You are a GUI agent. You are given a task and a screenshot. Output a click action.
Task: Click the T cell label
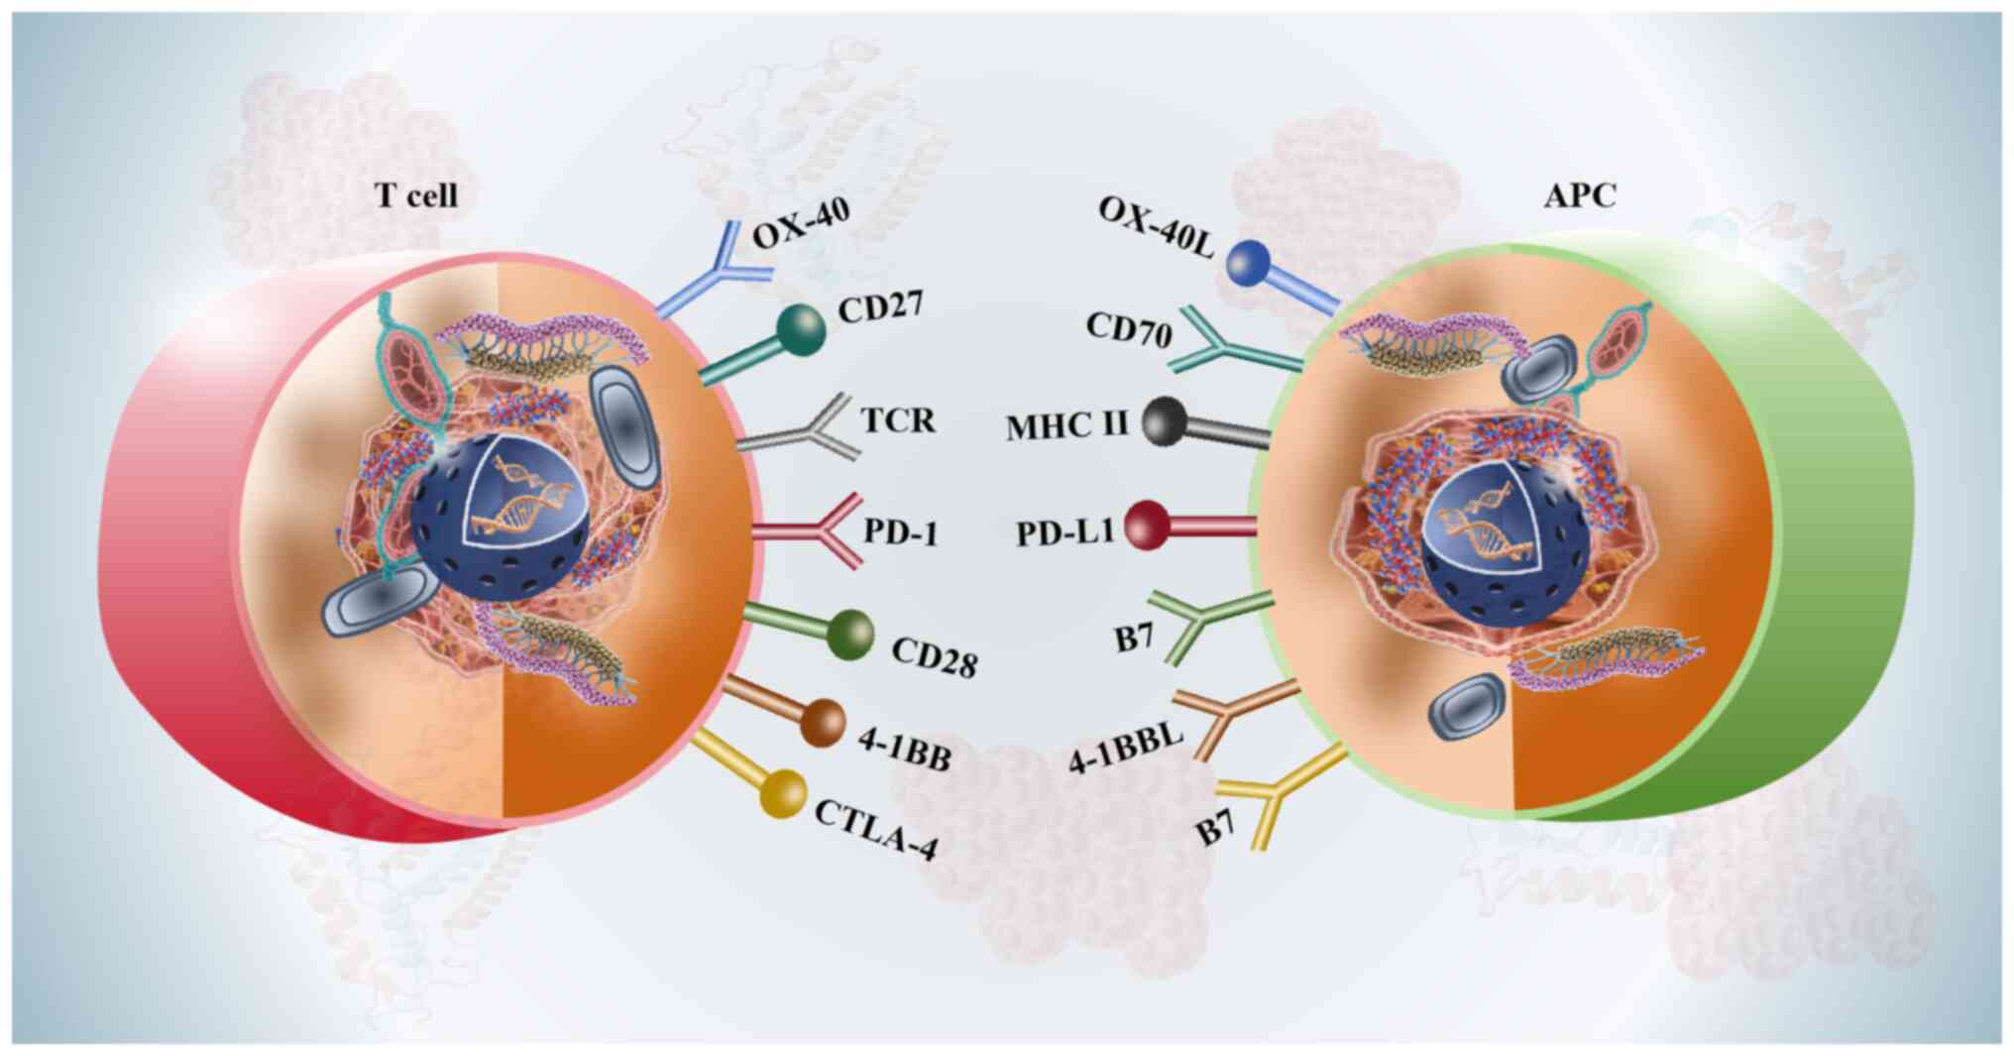pyautogui.click(x=416, y=195)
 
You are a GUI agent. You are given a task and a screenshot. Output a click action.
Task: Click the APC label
pyautogui.click(x=1580, y=195)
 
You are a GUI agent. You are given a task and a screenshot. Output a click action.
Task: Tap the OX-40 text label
pyautogui.click(x=801, y=220)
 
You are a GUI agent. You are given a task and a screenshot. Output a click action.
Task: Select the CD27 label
pyautogui.click(x=880, y=306)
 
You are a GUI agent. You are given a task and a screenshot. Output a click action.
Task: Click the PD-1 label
pyautogui.click(x=900, y=531)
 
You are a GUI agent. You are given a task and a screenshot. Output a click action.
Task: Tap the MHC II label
pyautogui.click(x=1067, y=426)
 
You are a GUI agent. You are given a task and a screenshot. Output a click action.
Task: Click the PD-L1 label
pyautogui.click(x=1064, y=532)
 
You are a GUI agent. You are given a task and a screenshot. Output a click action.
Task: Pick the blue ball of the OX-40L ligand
pyautogui.click(x=1249, y=264)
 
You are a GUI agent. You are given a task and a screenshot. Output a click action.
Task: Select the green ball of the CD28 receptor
pyautogui.click(x=849, y=634)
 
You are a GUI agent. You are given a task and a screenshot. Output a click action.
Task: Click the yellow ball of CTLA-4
pyautogui.click(x=783, y=793)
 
